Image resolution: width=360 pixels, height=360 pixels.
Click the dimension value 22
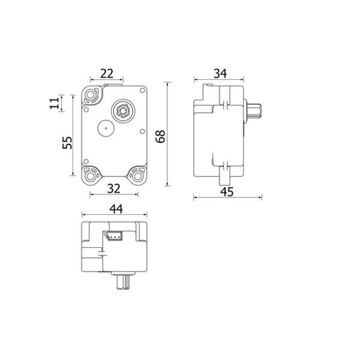click(107, 74)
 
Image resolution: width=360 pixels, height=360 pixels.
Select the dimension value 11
click(55, 103)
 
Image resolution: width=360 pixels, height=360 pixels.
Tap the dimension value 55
click(67, 143)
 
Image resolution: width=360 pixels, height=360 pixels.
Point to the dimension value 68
click(160, 137)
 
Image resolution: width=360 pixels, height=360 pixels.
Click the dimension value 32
click(114, 189)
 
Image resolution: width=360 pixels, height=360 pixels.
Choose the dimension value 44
click(116, 209)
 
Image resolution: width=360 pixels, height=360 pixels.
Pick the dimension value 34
click(220, 74)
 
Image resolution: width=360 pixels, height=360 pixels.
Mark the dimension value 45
click(227, 192)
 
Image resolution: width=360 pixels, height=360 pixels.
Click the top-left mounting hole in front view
click(91, 94)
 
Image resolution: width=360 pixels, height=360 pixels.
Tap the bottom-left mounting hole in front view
click(91, 176)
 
